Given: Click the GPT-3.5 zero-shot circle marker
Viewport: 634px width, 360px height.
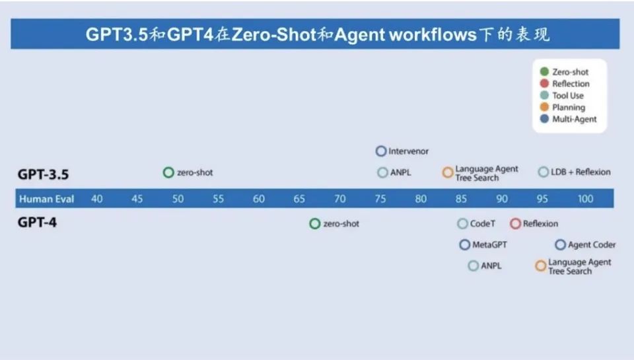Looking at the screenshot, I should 168,172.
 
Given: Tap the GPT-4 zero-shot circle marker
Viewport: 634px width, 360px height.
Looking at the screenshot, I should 315,224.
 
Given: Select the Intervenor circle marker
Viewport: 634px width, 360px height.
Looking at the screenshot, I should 381,151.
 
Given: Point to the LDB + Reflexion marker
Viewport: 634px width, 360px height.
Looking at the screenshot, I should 544,172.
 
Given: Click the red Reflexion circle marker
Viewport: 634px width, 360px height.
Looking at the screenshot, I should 516,224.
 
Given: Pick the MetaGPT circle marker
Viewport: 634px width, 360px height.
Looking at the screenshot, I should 465,245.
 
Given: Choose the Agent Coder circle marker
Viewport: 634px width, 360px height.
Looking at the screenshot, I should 561,245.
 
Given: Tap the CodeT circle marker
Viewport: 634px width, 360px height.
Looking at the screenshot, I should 463,224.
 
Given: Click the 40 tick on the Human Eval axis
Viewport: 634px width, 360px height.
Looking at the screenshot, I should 97,199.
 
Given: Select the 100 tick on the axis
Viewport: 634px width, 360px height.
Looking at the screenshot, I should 585,199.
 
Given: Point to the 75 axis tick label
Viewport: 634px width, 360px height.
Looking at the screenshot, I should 380,199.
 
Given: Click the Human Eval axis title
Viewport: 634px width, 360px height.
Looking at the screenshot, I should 46,199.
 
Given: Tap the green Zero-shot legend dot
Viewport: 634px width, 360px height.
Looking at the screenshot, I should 544,72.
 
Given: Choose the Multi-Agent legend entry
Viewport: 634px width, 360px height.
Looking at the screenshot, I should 574,120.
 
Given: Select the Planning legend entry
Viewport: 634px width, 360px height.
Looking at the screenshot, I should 569,108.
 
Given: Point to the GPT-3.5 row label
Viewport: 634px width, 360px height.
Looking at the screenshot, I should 44,174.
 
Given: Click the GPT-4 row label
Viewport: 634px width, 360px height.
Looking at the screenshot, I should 37,223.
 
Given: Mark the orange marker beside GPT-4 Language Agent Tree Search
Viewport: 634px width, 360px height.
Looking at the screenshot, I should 541,266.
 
